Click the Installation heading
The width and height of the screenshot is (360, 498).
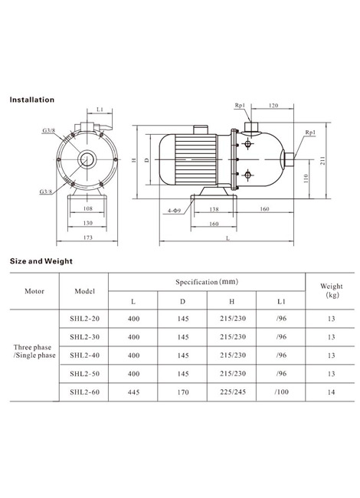tap(31, 100)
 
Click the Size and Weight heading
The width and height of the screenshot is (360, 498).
tap(41, 261)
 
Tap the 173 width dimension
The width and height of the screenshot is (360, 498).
tap(88, 238)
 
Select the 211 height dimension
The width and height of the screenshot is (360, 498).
tap(322, 160)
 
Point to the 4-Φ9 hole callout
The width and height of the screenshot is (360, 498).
tap(174, 210)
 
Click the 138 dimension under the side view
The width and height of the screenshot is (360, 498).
tap(214, 209)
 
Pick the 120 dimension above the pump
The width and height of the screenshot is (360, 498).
tap(273, 105)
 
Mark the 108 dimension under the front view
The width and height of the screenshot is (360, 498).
tap(87, 208)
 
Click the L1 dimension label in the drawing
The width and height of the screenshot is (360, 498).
tap(100, 110)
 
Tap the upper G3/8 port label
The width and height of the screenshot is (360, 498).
tap(48, 130)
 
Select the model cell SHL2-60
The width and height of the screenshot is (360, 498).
tap(84, 392)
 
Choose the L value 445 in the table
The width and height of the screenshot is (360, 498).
tap(133, 392)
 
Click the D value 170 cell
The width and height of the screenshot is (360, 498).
tap(183, 392)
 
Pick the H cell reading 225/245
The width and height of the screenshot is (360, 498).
tap(233, 392)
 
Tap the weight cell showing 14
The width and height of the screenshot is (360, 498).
tap(331, 392)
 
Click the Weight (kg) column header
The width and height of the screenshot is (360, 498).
tap(332, 290)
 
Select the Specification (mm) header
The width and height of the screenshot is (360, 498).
tap(207, 282)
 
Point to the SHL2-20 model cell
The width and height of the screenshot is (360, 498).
tap(84, 318)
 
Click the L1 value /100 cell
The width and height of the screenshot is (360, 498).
tap(282, 392)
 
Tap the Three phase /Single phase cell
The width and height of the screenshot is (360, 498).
tap(34, 351)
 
